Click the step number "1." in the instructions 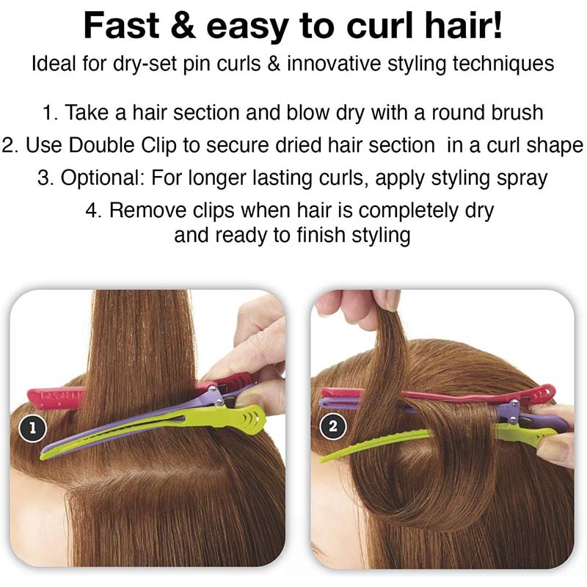tap(51, 113)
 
